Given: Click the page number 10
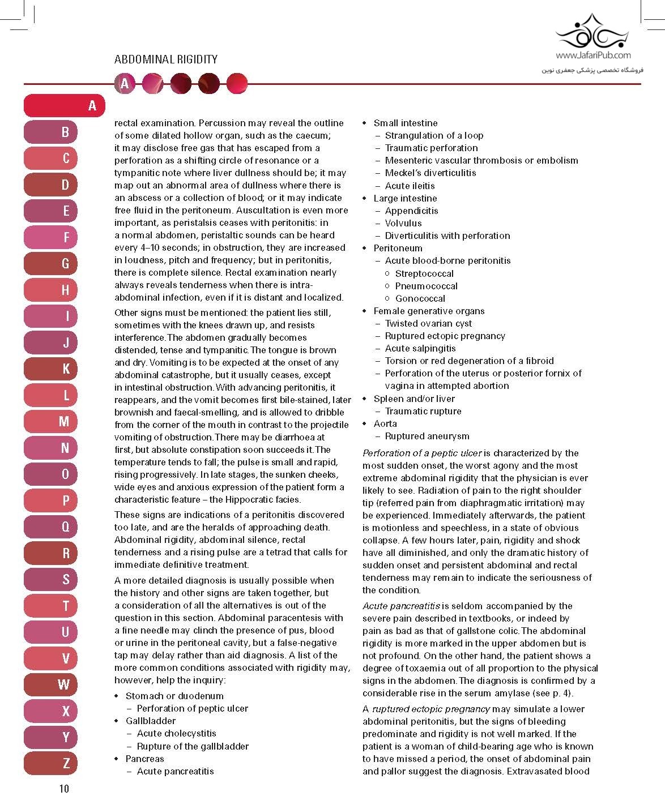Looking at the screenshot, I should click(x=63, y=788).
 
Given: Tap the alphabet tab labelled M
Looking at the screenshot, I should click(x=64, y=421).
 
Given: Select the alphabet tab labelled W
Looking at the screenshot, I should click(x=64, y=684).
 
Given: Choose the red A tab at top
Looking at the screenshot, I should click(x=65, y=105).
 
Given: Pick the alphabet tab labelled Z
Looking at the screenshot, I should click(x=64, y=763).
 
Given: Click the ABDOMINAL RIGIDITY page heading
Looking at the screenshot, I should click(x=165, y=59).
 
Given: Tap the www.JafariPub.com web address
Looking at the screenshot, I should click(x=592, y=55).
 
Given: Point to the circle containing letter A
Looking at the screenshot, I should click(x=125, y=84).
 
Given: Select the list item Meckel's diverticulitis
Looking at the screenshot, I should click(x=430, y=173).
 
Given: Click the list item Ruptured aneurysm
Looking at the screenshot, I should click(x=427, y=436).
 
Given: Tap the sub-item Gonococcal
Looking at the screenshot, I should click(x=420, y=298).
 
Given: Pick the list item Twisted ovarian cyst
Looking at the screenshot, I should click(x=428, y=323).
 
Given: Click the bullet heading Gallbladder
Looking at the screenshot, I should click(x=150, y=721).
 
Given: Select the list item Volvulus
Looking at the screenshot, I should click(x=403, y=223).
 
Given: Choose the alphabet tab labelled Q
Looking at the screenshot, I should click(x=64, y=527).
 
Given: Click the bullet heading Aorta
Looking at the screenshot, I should click(x=385, y=423).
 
